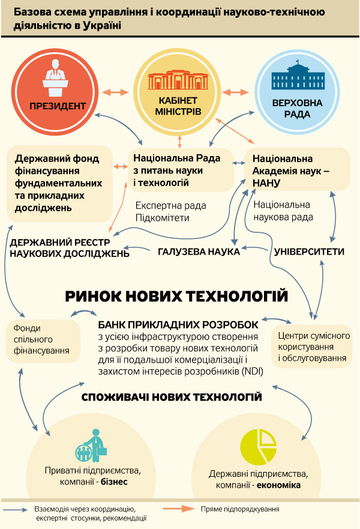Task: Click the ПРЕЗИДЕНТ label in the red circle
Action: (x=57, y=106)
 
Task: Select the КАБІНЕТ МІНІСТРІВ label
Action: (x=179, y=106)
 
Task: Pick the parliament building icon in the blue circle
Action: (x=297, y=77)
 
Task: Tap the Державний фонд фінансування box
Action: (x=59, y=183)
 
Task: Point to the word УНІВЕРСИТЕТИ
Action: (x=309, y=251)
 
